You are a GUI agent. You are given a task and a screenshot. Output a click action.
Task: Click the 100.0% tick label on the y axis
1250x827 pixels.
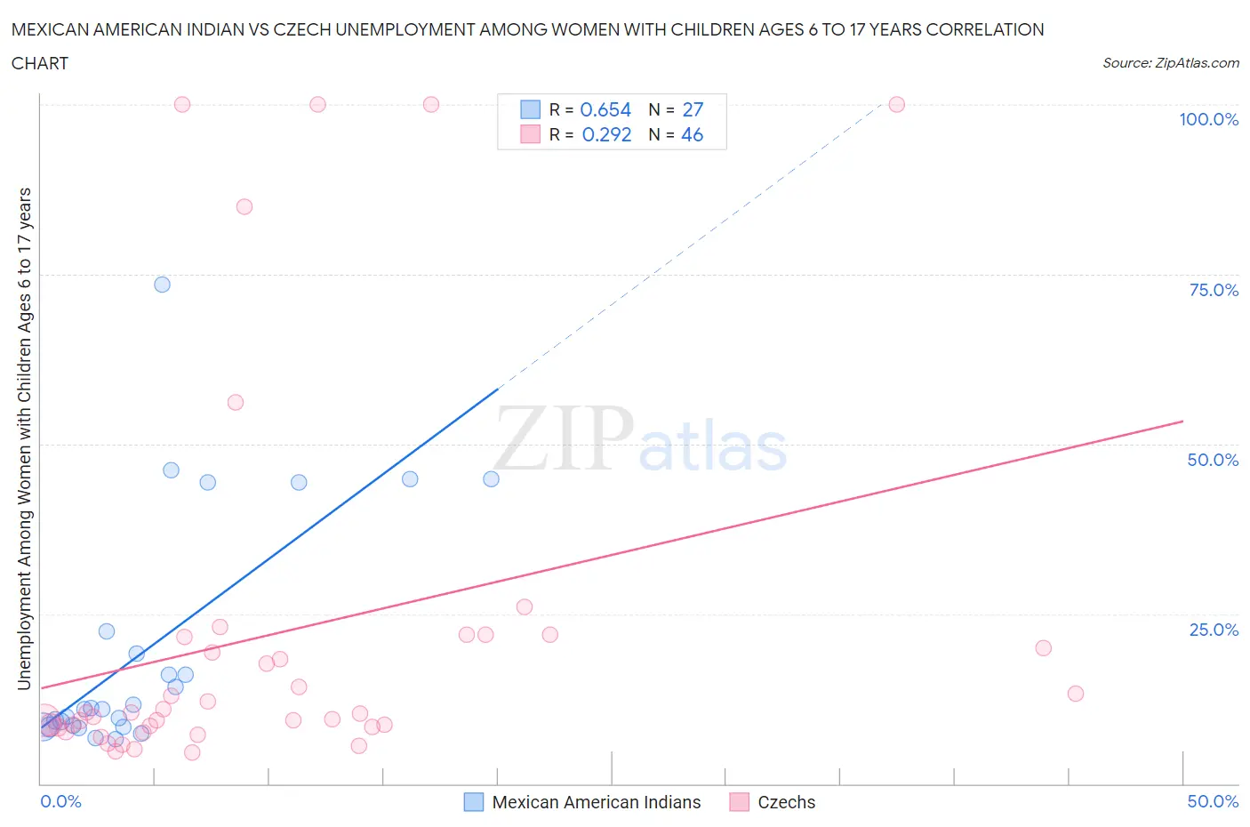click(x=1208, y=119)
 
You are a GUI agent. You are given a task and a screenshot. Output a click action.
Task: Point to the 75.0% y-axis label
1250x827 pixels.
click(x=1214, y=290)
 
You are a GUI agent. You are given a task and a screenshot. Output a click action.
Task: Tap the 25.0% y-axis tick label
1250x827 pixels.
click(x=1214, y=630)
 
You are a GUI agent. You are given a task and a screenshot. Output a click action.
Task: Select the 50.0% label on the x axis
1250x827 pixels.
click(x=1213, y=801)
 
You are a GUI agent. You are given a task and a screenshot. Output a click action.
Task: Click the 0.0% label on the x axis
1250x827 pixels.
click(x=60, y=801)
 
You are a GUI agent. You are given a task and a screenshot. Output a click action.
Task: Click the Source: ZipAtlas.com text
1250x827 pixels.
click(x=1170, y=63)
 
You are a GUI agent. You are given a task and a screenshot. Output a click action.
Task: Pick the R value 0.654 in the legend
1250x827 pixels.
click(x=605, y=109)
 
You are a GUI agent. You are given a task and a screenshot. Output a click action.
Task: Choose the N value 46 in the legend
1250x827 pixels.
click(x=692, y=134)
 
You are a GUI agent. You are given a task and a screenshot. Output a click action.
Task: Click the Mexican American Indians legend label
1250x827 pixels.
click(x=596, y=802)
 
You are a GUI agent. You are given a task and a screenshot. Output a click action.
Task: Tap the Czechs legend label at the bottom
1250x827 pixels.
click(x=786, y=802)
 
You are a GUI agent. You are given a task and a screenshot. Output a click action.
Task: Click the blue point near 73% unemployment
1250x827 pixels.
click(x=162, y=285)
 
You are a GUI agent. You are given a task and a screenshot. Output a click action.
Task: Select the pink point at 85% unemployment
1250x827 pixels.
click(x=244, y=206)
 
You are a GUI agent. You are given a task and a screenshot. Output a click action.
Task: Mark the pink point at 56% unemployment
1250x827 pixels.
click(x=236, y=402)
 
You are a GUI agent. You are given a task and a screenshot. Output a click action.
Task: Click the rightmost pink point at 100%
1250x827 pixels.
click(x=896, y=105)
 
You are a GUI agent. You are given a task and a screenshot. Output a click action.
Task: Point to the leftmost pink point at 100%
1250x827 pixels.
click(x=182, y=104)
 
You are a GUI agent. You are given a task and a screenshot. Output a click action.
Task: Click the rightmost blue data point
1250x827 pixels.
click(x=491, y=478)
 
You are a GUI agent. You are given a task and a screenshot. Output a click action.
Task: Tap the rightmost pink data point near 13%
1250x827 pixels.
click(x=1076, y=694)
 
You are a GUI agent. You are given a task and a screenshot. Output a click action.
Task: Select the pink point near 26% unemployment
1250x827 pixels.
click(x=525, y=607)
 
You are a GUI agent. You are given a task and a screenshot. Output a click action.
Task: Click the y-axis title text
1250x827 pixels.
click(x=24, y=438)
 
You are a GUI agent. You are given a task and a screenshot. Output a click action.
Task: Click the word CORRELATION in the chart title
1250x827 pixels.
click(x=984, y=29)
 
